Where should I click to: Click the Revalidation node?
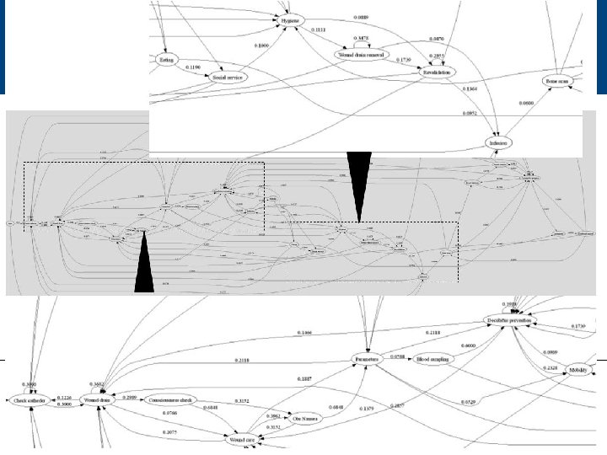[x=437, y=73]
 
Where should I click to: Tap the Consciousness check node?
[x=175, y=398]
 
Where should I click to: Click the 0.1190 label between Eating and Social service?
[x=192, y=66]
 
